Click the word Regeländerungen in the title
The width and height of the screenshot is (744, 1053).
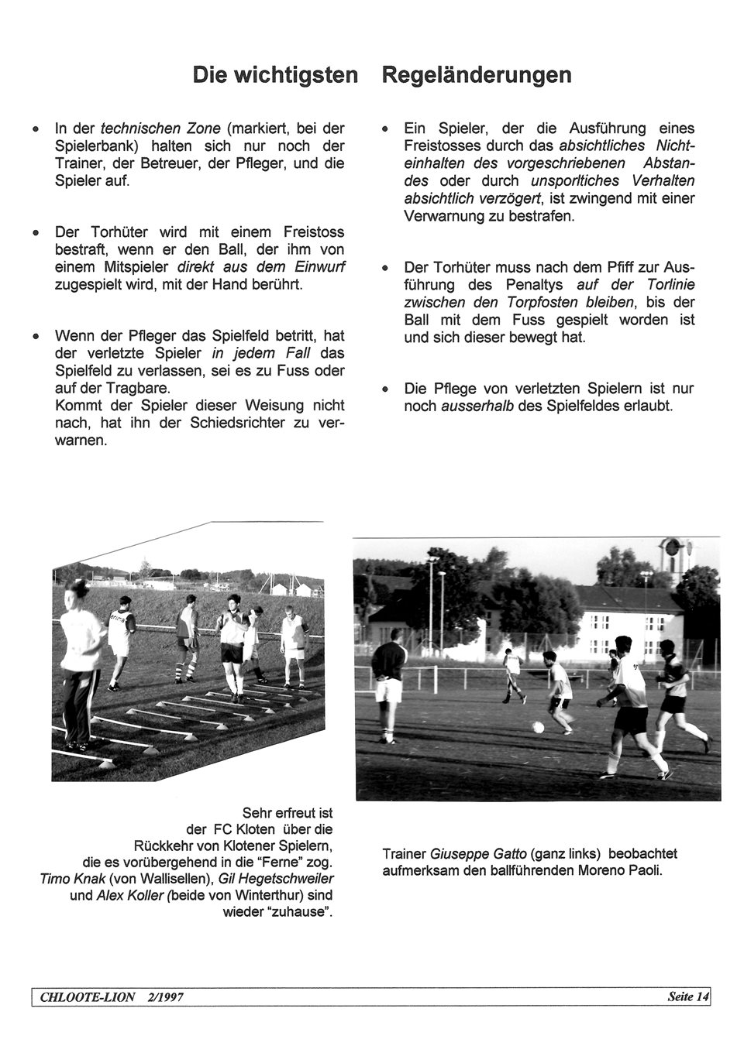click(477, 75)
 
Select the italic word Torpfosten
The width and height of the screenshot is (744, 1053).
click(544, 303)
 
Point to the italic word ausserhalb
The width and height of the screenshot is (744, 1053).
click(477, 406)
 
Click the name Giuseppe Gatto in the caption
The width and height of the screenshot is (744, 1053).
click(478, 854)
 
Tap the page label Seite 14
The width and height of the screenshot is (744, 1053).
click(687, 996)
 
